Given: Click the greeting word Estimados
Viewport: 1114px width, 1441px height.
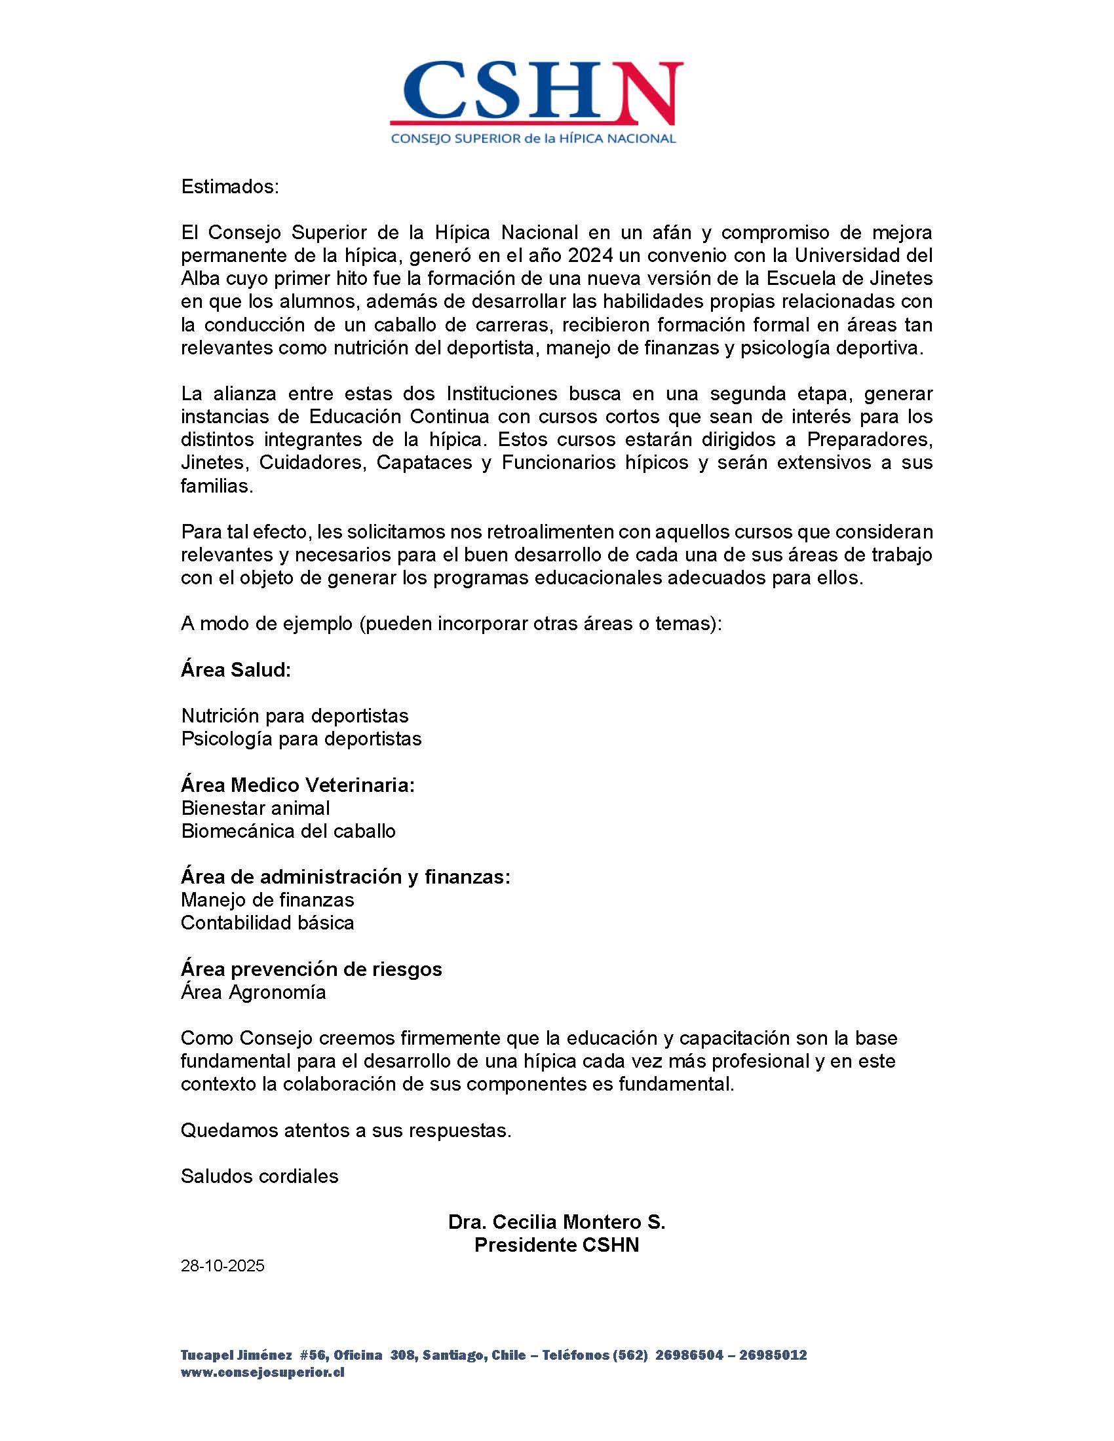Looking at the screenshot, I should [229, 187].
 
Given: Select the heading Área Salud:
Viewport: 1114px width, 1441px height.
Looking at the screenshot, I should [236, 669].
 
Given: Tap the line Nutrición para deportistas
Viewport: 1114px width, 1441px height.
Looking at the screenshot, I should [294, 715].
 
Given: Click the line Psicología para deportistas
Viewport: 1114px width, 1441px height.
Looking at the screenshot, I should [301, 738].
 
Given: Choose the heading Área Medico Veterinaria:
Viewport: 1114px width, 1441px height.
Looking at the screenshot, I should [298, 785].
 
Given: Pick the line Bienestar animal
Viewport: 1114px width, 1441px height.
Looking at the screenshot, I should [256, 808].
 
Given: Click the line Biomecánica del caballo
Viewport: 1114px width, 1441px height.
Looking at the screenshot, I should [288, 831].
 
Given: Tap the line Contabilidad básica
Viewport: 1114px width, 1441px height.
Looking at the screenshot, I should [267, 922].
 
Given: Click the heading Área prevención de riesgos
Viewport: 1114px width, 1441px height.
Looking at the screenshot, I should [311, 969].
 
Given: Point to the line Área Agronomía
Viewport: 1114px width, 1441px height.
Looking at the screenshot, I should [254, 992].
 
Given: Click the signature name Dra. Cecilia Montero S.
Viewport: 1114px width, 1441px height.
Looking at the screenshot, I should [556, 1222].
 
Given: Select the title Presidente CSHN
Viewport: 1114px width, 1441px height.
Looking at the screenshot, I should [556, 1245].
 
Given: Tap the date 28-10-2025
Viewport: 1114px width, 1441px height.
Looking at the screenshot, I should [222, 1265].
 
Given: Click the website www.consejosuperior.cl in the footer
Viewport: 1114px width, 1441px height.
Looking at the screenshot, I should [262, 1372].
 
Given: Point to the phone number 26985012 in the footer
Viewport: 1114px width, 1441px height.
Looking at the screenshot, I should [773, 1355].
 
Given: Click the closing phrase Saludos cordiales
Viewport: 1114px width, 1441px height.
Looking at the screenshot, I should [259, 1176].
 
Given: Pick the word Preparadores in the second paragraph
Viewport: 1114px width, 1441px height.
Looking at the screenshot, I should [869, 440].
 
